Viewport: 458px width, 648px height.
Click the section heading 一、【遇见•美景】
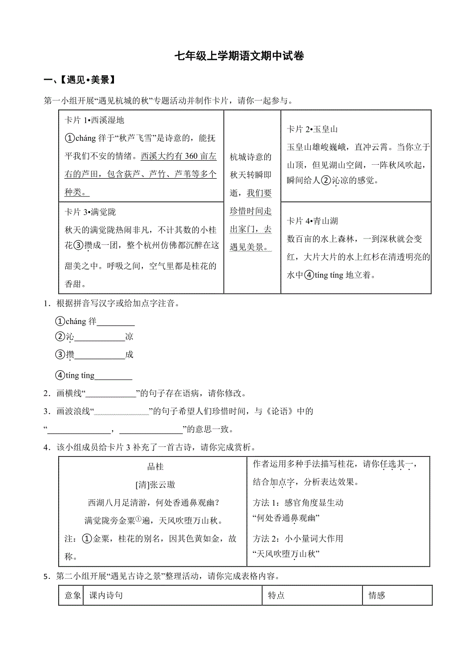(80, 80)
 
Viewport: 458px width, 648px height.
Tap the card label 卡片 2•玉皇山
(312, 129)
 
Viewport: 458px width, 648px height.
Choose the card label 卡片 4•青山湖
(312, 221)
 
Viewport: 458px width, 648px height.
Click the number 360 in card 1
(191, 156)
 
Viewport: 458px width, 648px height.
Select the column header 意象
(73, 595)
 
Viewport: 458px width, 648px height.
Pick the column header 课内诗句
(106, 595)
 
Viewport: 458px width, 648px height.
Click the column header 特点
(276, 595)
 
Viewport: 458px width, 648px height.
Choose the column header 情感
(377, 595)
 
